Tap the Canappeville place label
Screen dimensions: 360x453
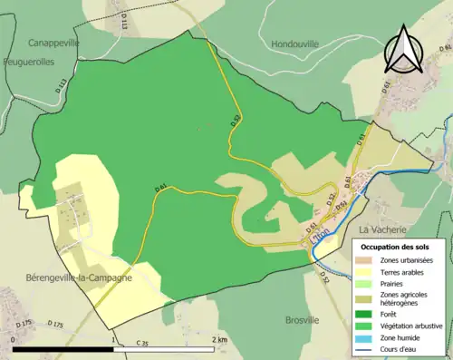pos(53,43)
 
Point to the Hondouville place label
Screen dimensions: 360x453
pos(296,43)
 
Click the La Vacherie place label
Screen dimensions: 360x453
pos(385,230)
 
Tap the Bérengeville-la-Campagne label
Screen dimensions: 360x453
pos(79,277)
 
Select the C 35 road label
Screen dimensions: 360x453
pos(142,343)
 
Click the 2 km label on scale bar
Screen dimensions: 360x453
pos(218,340)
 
